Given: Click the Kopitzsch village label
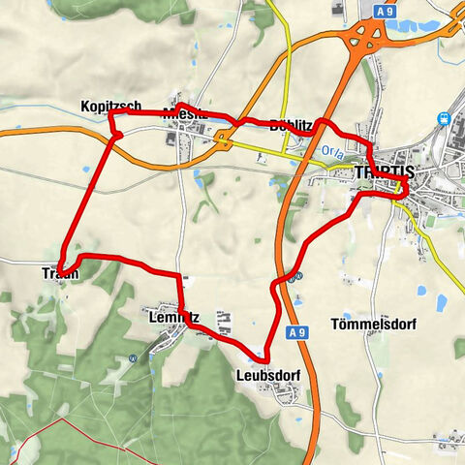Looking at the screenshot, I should (x=112, y=106).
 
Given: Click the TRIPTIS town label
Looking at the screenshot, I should (x=385, y=171).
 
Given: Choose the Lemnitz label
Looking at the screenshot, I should (x=173, y=316).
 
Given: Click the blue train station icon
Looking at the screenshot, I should (x=445, y=118).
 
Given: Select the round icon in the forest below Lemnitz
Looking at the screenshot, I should (x=133, y=356).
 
